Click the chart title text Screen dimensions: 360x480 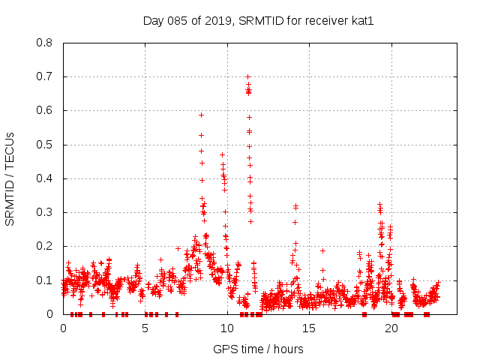tap(258, 20)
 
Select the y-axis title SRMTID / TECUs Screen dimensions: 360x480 tap(10, 178)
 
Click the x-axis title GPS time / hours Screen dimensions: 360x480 tap(258, 349)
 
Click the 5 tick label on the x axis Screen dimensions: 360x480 tap(145, 328)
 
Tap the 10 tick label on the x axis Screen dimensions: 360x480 tap(227, 328)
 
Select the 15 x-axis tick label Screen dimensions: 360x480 tap(309, 328)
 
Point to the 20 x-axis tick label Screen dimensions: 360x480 tap(391, 328)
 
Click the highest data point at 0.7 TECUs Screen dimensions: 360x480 tap(247, 76)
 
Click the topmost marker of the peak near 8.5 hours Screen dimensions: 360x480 tap(201, 115)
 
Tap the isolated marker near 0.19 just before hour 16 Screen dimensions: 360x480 tap(322, 250)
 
